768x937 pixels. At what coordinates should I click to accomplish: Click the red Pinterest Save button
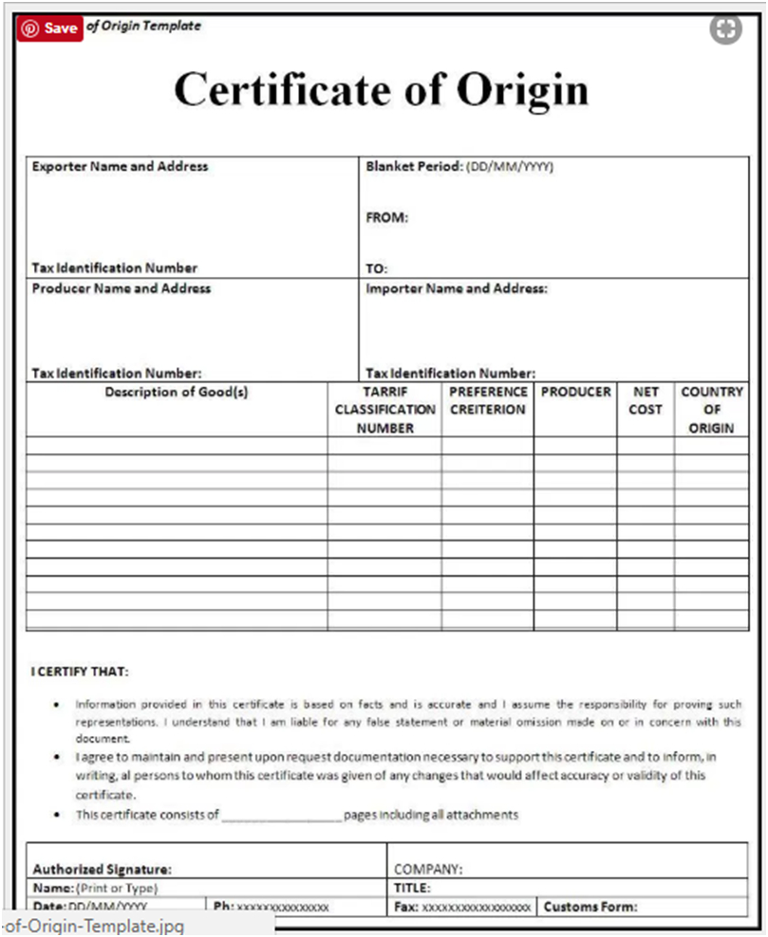tap(48, 28)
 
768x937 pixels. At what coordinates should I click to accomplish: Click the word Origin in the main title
tap(523, 90)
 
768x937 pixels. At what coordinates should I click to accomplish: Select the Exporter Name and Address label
tap(120, 166)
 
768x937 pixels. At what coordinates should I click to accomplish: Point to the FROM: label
tap(386, 217)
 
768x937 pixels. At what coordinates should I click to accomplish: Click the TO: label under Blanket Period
tap(376, 268)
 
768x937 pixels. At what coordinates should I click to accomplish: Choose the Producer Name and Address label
tap(122, 288)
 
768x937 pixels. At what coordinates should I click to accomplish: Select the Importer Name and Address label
tap(457, 288)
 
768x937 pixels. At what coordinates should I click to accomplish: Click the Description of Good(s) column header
tap(177, 392)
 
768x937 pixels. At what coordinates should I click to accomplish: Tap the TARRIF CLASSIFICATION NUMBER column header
tap(384, 410)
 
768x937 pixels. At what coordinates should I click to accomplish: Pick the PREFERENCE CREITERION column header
tap(488, 400)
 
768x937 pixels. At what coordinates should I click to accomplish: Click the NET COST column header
tap(646, 400)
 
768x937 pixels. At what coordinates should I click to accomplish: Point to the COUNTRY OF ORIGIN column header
tap(712, 410)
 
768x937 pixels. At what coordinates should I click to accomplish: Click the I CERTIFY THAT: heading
tap(80, 672)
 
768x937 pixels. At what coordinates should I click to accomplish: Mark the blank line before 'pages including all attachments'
tap(281, 816)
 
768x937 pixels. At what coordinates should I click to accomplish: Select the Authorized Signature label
tap(102, 869)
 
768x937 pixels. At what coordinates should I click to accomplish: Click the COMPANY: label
tap(428, 869)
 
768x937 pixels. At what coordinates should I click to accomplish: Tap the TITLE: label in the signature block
tap(412, 889)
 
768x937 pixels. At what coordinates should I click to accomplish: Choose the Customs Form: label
tap(590, 908)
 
